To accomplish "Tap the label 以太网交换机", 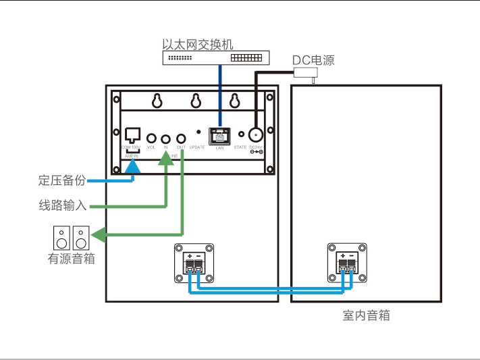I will click(x=197, y=44).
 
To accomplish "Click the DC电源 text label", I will click(x=313, y=60).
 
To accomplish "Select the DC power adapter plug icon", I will click(x=309, y=73).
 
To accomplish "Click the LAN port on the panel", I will click(x=219, y=135).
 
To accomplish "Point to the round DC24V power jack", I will click(x=256, y=134).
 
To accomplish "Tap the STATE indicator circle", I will click(x=240, y=134).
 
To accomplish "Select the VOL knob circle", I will click(x=151, y=136).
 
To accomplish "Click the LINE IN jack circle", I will click(x=165, y=136).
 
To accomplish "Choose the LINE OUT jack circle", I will click(x=180, y=136).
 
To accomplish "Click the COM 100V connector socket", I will click(x=132, y=134).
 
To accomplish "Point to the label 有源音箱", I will click(x=71, y=258).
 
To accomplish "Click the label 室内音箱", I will click(x=366, y=315).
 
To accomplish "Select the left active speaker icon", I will click(x=61, y=238).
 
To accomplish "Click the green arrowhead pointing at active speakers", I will click(x=99, y=235).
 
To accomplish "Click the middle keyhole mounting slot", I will click(x=196, y=101).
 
